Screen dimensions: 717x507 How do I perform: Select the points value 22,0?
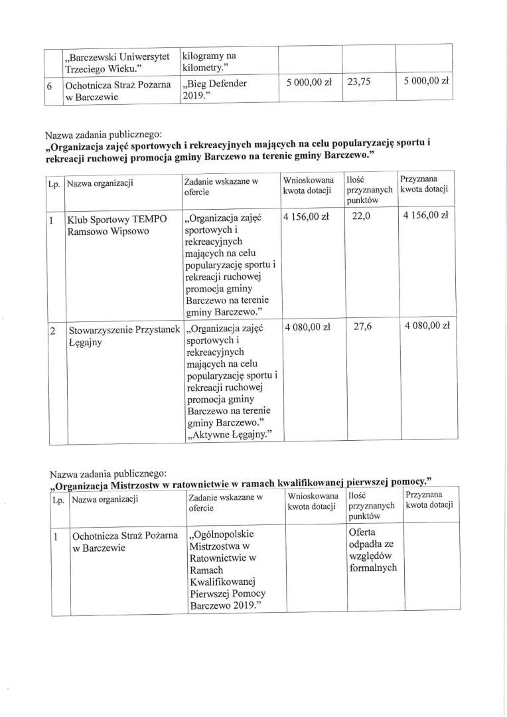pos(359,215)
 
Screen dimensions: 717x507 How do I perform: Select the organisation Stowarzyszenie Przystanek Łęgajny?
pos(123,333)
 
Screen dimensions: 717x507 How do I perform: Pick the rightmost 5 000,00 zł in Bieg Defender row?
pos(426,82)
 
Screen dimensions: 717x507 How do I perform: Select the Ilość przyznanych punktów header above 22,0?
pos(369,189)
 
